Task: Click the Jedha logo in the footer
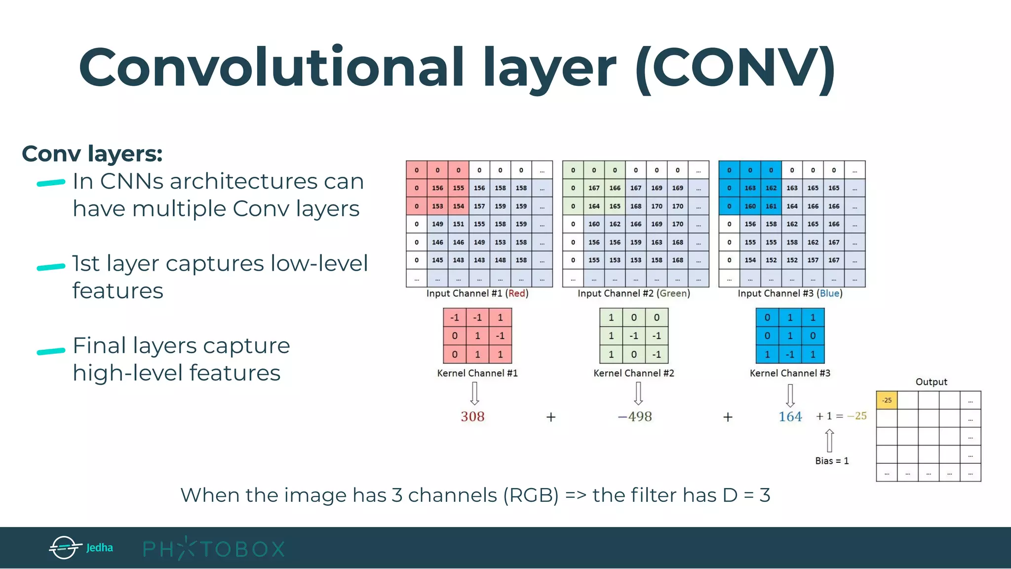point(81,547)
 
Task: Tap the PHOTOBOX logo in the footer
point(214,549)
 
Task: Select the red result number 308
point(472,417)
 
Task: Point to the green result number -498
point(635,417)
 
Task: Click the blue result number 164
point(790,417)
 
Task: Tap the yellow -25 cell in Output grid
point(887,400)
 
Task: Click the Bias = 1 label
point(832,461)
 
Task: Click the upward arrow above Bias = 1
point(829,440)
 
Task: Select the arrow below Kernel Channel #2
point(638,394)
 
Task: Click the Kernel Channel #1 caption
point(477,373)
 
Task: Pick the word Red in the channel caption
point(517,293)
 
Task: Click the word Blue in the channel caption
point(829,293)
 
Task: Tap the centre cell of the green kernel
point(634,336)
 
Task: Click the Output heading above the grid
point(931,382)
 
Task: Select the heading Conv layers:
point(92,154)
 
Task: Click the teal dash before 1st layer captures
point(51,267)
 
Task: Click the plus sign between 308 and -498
point(551,417)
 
